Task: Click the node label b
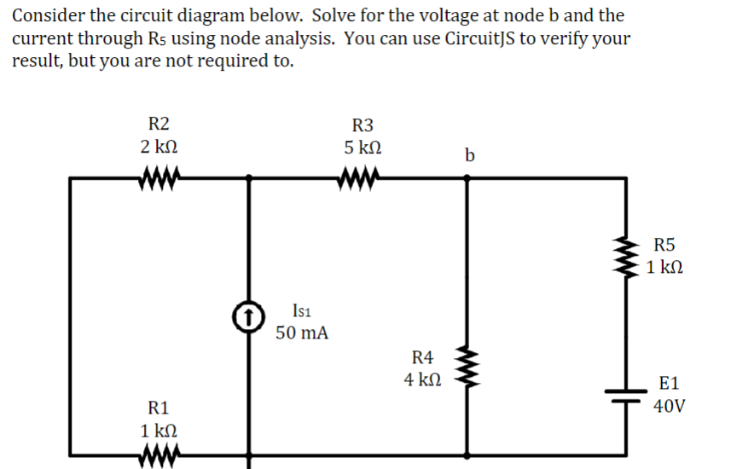tap(469, 154)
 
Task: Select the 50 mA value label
tap(302, 333)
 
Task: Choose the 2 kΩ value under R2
tap(159, 147)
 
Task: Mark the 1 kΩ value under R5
tap(664, 268)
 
